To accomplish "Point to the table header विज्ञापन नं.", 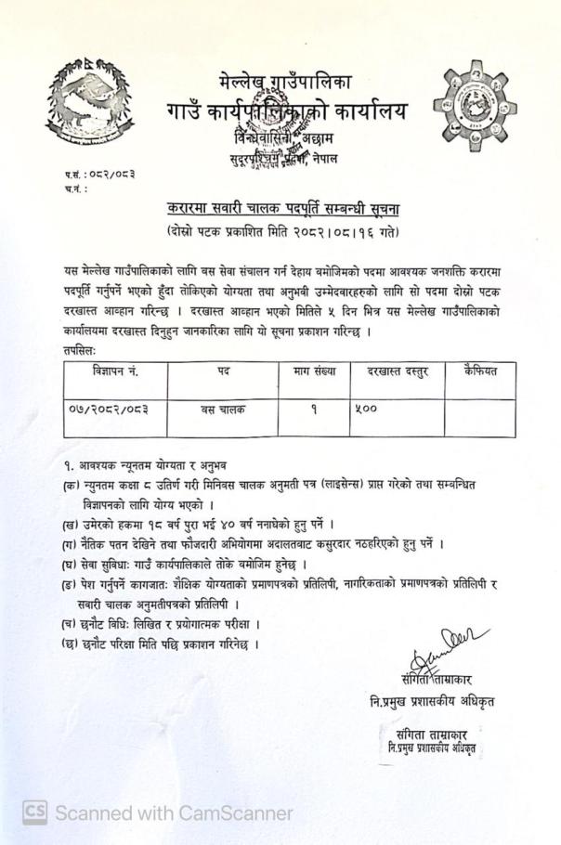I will tap(115, 370).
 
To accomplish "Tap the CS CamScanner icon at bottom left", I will tap(34, 812).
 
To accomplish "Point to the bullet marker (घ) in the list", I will tap(68, 565).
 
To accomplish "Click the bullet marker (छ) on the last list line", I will tap(68, 643).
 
